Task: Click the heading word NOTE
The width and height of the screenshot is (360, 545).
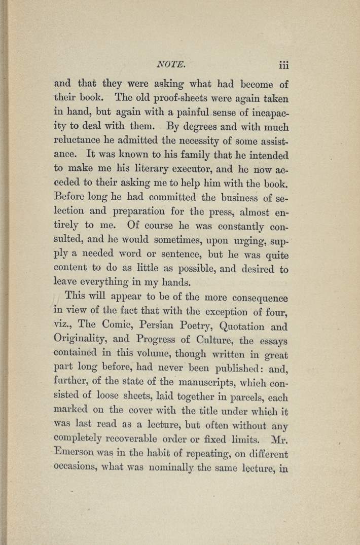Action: pos(172,65)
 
